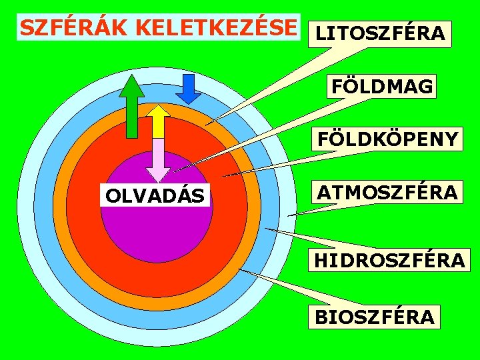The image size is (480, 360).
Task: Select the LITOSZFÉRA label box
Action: click(379, 33)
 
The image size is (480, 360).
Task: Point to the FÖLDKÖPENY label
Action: click(387, 139)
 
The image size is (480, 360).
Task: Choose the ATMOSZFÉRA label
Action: click(387, 193)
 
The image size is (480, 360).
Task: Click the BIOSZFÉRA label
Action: click(374, 317)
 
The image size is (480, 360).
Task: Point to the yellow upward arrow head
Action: click(158, 113)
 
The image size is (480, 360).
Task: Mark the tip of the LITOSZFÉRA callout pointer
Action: click(206, 125)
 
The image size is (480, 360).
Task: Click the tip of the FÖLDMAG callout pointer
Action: click(175, 171)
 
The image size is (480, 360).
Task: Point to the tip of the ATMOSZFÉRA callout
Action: click(289, 215)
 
